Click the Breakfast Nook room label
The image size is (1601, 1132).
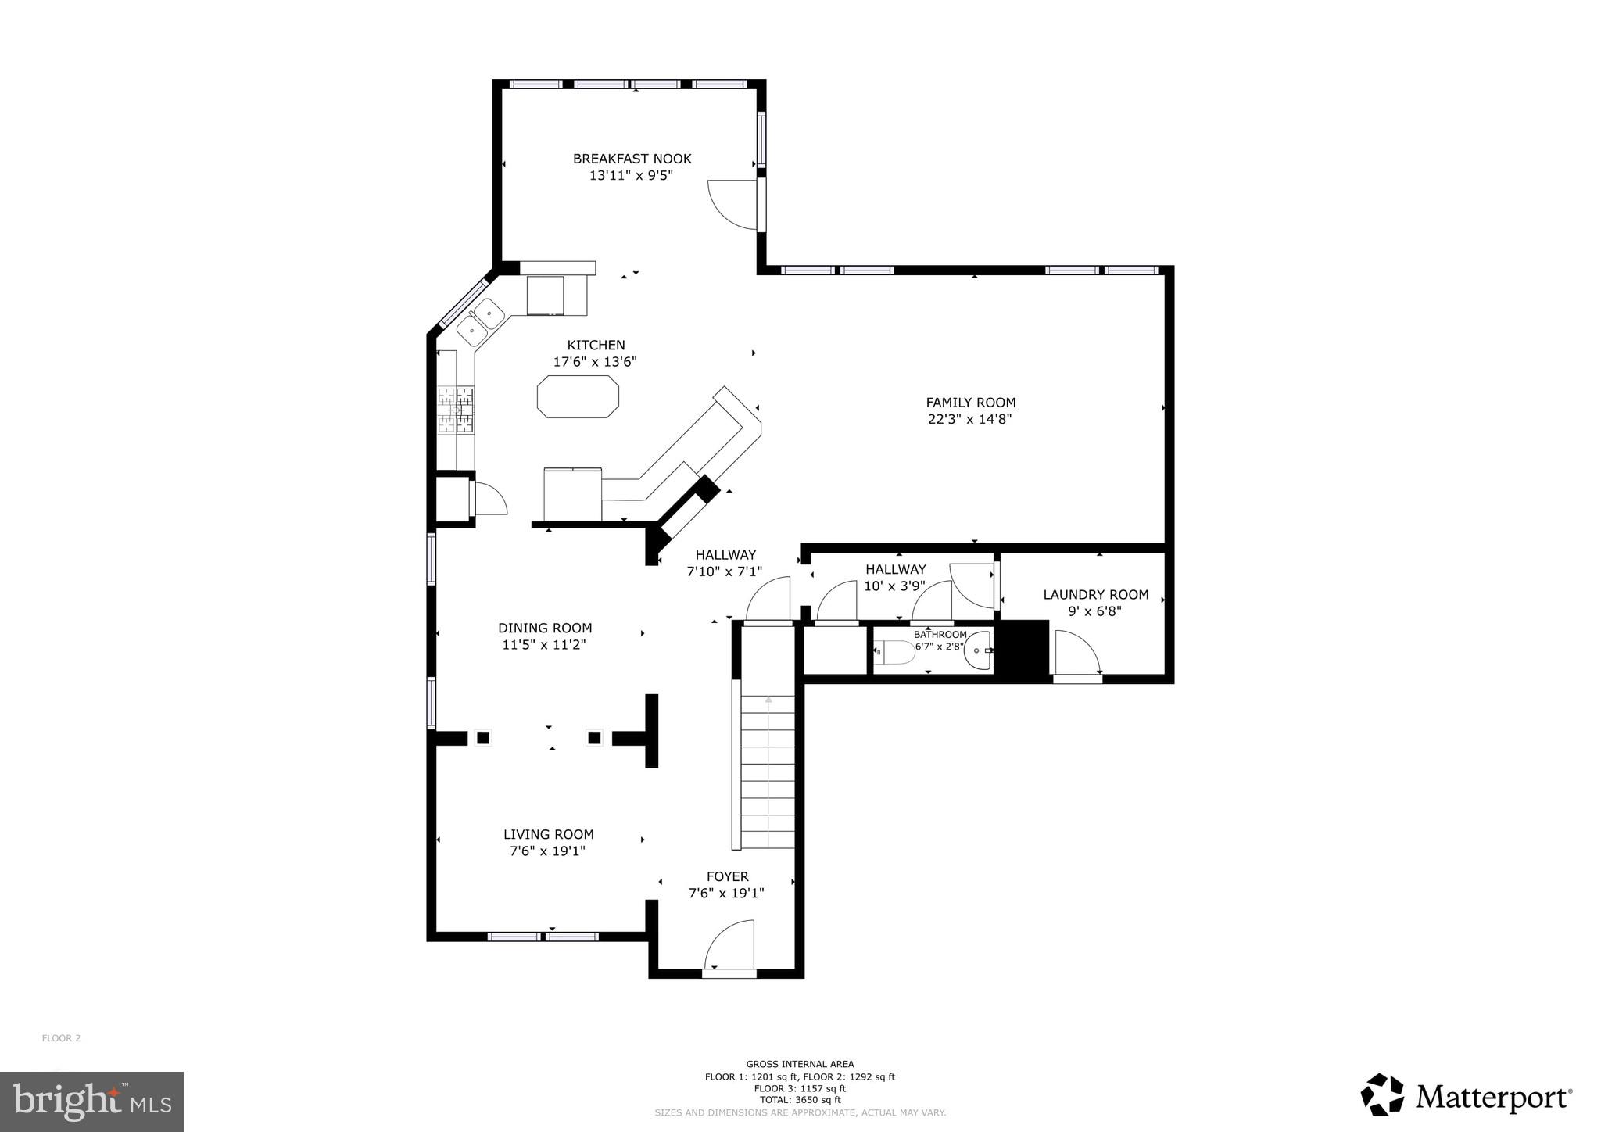[x=632, y=159]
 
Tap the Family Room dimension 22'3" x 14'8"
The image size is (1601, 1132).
[x=970, y=419]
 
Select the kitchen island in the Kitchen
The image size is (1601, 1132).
[x=578, y=396]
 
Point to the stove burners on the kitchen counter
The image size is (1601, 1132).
[x=456, y=410]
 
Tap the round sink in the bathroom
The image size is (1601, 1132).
[x=978, y=651]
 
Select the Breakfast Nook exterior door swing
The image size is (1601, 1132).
[x=732, y=205]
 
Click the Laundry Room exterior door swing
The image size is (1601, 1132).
[x=1076, y=654]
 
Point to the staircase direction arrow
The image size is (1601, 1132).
[x=768, y=700]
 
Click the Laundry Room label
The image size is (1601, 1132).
[x=1095, y=595]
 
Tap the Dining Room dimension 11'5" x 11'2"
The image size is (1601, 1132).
[x=544, y=645]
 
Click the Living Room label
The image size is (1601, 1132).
[x=548, y=834]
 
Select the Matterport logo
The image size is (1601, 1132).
[x=1467, y=1097]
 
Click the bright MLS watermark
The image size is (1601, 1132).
[x=92, y=1102]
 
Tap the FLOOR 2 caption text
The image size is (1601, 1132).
[x=61, y=1038]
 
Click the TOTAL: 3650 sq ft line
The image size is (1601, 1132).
[x=800, y=1100]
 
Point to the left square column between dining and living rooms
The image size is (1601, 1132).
[x=483, y=737]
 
